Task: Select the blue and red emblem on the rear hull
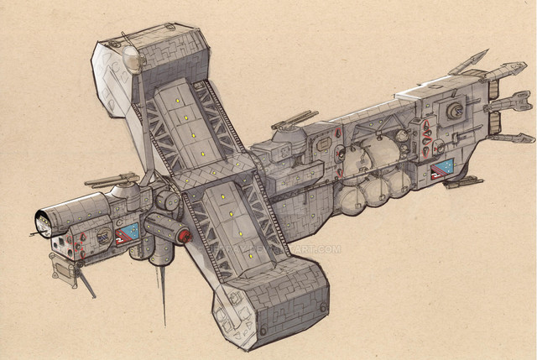(441, 170)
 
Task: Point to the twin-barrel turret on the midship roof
(290, 122)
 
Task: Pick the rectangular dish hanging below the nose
(62, 269)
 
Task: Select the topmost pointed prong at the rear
(468, 62)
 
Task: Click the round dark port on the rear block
(457, 111)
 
